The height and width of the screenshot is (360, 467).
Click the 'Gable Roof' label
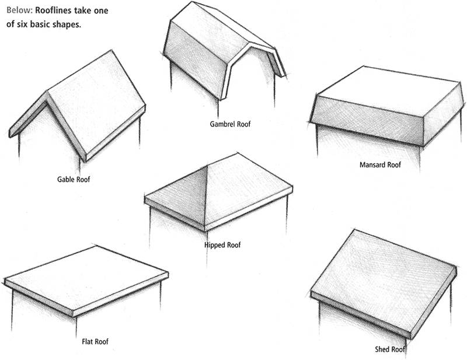tap(74, 180)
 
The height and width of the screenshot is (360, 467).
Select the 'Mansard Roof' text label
tap(380, 165)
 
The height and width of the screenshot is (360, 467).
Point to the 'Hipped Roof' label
tap(222, 245)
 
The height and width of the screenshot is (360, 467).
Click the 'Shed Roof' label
tap(390, 350)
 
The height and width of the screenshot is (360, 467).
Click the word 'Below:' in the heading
tap(17, 11)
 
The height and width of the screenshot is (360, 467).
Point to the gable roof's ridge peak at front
tap(47, 92)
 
